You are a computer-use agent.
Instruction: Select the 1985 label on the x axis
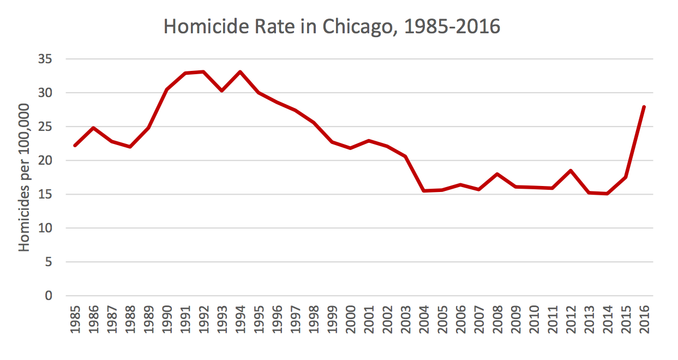point(75,322)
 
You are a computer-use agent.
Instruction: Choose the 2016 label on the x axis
point(644,322)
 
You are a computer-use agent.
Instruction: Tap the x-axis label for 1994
point(241,322)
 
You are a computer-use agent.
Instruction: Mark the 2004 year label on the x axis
point(424,322)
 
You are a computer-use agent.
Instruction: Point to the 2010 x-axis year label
point(534,322)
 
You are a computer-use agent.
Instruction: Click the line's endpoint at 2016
point(644,107)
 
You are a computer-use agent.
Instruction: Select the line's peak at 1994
point(241,71)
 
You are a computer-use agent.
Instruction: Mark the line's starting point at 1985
point(75,145)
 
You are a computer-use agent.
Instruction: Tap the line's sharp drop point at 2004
point(424,191)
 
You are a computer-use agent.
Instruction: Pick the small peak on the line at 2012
point(571,171)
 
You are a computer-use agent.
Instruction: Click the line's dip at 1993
point(222,91)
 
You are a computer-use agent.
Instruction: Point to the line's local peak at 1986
point(94,128)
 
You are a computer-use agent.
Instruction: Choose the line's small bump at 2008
point(497,174)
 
